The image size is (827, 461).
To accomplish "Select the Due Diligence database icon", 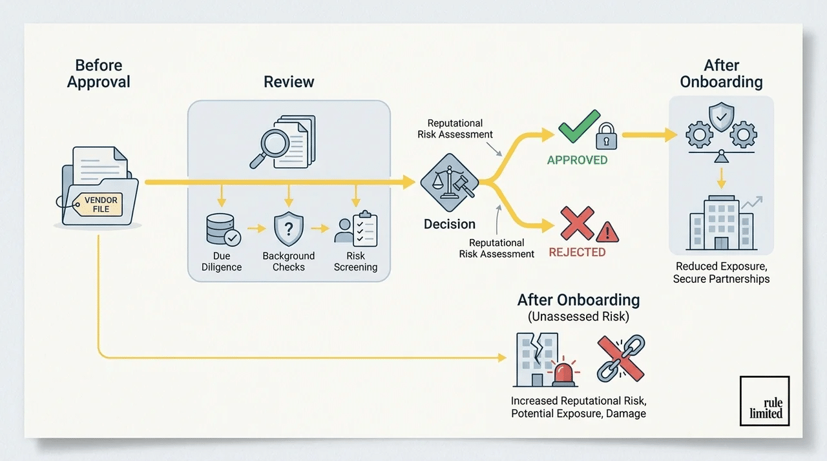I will [220, 229].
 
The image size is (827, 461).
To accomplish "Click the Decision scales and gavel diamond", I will [448, 183].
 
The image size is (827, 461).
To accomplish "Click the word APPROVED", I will [577, 160].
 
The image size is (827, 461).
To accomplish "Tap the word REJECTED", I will [577, 252].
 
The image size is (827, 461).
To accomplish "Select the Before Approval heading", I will [99, 74].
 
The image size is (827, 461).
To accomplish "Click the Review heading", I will [289, 82].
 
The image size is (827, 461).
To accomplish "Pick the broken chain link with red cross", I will [620, 358].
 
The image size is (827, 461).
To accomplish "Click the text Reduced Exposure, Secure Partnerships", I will [721, 272].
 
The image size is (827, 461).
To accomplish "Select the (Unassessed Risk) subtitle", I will [578, 317].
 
